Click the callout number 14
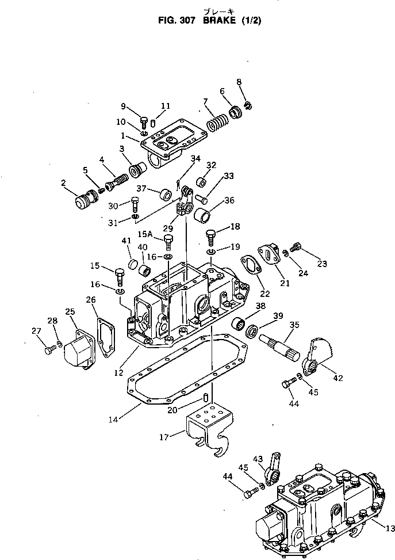tap(114, 420)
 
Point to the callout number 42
tap(338, 378)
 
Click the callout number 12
tap(119, 372)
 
